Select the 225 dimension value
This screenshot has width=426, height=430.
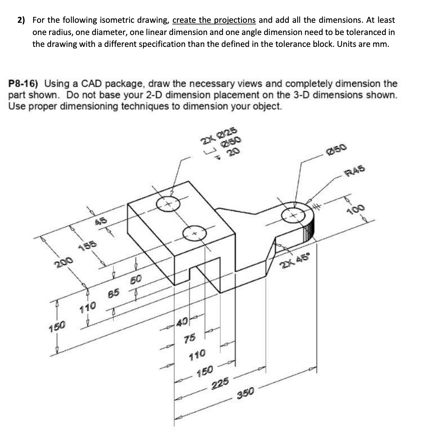[220, 383]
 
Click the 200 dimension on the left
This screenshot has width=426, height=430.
[64, 263]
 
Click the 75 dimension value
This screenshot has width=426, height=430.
[190, 338]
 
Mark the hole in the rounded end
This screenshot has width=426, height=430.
[293, 216]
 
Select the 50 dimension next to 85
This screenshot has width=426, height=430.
[136, 279]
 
